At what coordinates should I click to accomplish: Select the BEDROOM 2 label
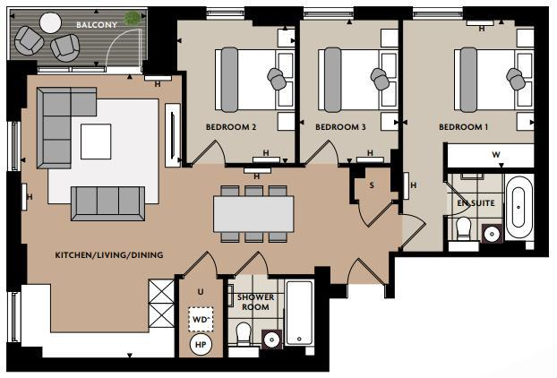pos(231,127)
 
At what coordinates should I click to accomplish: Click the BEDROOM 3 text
pos(340,127)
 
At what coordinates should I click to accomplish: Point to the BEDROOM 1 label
pos(463,127)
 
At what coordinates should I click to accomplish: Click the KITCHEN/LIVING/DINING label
pos(109,255)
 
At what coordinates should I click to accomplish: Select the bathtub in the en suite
pos(518,209)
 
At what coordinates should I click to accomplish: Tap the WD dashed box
pos(199,319)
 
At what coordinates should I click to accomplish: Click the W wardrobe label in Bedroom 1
pos(495,154)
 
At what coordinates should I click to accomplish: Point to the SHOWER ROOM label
pos(255,302)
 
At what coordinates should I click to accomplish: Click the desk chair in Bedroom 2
pos(278,80)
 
